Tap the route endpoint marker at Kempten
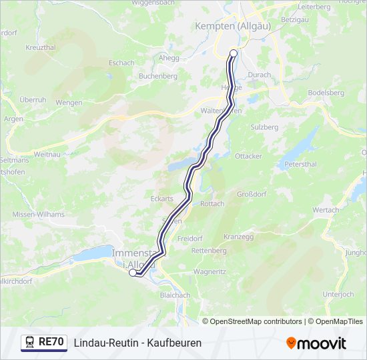coord(233,53)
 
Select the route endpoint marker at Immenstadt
coord(133,272)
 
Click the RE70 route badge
coord(44,342)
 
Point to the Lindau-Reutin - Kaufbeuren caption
coord(137,343)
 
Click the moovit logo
coord(316,343)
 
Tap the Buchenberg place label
coord(157,77)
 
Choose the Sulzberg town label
coord(264,126)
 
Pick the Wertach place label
coord(326,210)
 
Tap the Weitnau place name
coord(47,154)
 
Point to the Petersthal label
coord(300,163)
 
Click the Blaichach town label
coord(175,295)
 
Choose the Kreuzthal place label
coord(40,48)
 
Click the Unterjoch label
coord(338,294)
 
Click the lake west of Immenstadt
coord(93,253)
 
